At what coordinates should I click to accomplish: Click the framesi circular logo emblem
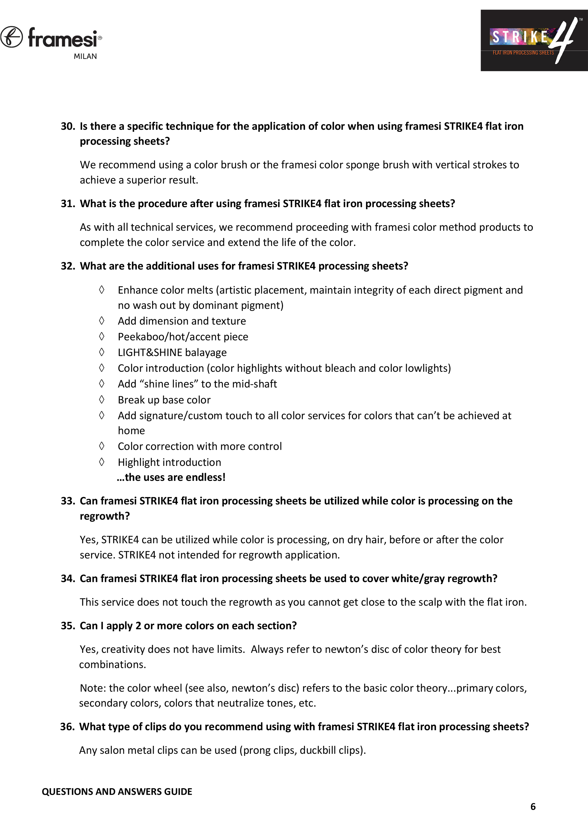pyautogui.click(x=12, y=37)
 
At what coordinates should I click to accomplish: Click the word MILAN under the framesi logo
pyautogui.click(x=85, y=56)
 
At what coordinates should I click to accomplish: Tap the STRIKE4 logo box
pyautogui.click(x=534, y=40)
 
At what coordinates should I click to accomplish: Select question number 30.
pyautogui.click(x=67, y=127)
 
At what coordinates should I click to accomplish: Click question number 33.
pyautogui.click(x=67, y=501)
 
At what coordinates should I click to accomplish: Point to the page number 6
pyautogui.click(x=533, y=806)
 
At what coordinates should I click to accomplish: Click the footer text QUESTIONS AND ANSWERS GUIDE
pyautogui.click(x=117, y=791)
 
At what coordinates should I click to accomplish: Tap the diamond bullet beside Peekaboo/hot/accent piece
pyautogui.click(x=102, y=336)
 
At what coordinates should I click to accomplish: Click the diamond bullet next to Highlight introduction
pyautogui.click(x=102, y=462)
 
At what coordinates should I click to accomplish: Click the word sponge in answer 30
pyautogui.click(x=361, y=165)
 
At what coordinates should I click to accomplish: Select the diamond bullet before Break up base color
pyautogui.click(x=102, y=400)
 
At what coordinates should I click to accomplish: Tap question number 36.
pyautogui.click(x=67, y=727)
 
